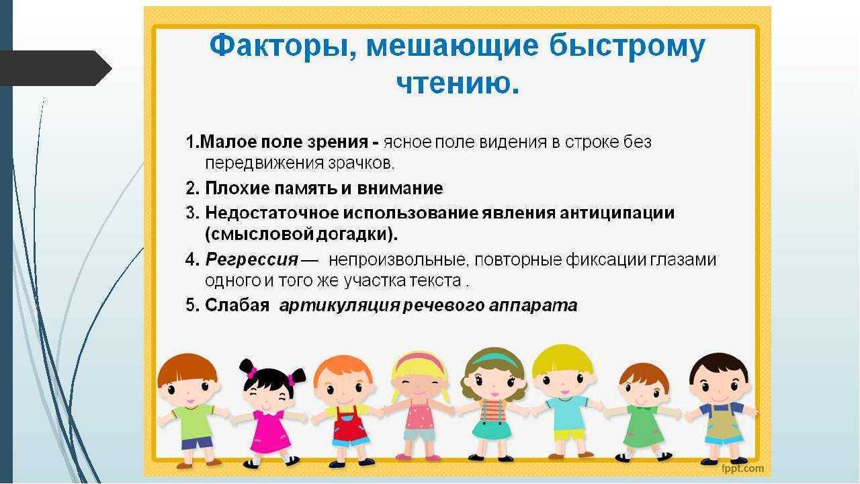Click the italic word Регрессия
click(x=251, y=259)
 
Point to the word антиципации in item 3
click(x=617, y=213)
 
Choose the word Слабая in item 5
click(x=237, y=305)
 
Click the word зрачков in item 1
click(x=360, y=164)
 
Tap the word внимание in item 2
click(x=400, y=188)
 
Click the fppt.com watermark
click(x=742, y=469)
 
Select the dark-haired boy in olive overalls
click(x=720, y=408)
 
